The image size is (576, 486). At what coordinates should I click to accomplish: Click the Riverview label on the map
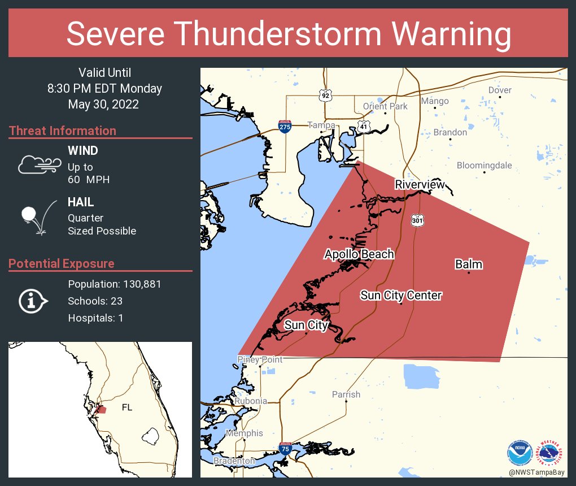coord(420,185)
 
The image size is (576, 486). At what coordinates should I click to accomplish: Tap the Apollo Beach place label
coord(359,254)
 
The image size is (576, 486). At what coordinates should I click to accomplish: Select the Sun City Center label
coord(401,295)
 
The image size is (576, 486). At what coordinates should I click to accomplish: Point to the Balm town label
coord(469,264)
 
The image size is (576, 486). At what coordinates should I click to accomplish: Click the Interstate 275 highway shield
coord(285,126)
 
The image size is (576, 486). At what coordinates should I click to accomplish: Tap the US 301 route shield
coord(417,220)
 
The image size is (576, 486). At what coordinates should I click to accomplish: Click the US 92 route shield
coord(325,95)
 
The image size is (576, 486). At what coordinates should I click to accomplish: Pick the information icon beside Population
coord(33,301)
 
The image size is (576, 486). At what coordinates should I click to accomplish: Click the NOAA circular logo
coord(519,453)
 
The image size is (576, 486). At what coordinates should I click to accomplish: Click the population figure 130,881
coord(139,284)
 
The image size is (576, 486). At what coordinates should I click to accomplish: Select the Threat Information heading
coord(63,131)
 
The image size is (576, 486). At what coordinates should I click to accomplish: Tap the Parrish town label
coord(346,394)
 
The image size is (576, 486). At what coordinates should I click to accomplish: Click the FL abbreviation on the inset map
coord(128,407)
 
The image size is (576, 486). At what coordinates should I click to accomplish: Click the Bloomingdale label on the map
coord(484,166)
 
